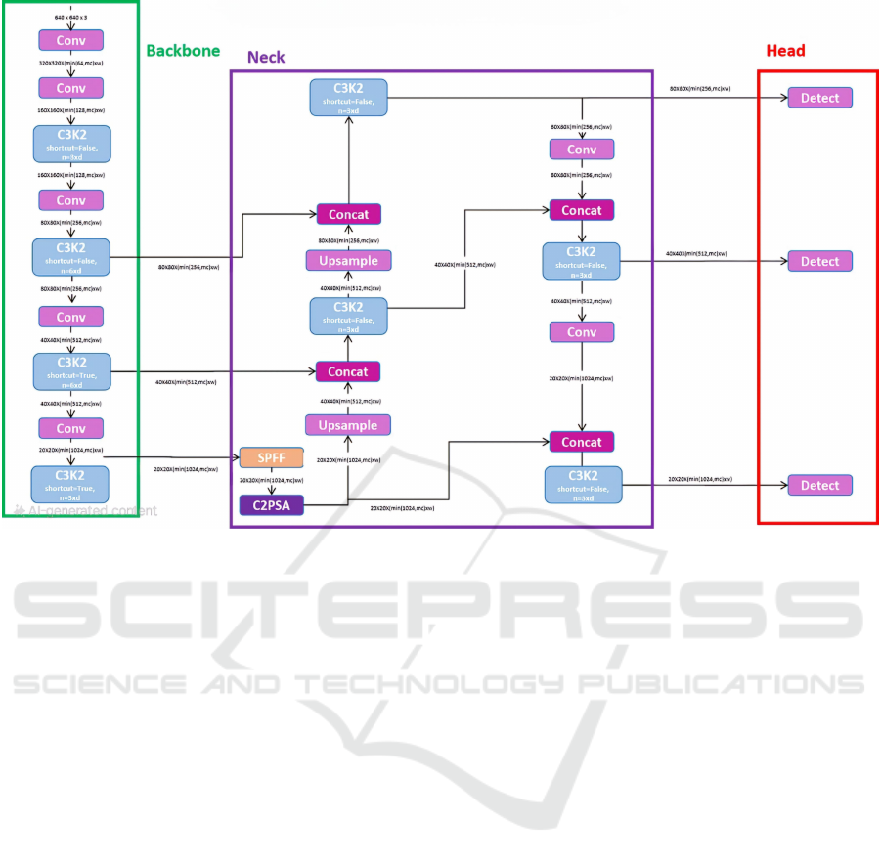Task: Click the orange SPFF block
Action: tap(271, 457)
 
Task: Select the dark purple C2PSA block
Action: tap(271, 504)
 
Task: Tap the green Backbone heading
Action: tap(183, 51)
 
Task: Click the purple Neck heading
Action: tap(266, 58)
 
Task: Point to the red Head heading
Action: tap(785, 51)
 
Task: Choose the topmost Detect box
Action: tap(820, 98)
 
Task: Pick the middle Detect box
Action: tap(820, 261)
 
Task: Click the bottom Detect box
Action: tap(820, 485)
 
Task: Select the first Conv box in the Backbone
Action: tap(70, 40)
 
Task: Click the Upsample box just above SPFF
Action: tap(348, 425)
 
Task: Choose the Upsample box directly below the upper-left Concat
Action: tap(348, 260)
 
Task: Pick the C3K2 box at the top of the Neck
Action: tap(348, 97)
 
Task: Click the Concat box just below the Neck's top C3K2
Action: tap(348, 214)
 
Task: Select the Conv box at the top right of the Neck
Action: tap(582, 150)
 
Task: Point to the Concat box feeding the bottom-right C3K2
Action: tap(582, 442)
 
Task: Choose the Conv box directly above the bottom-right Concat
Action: tap(582, 332)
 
